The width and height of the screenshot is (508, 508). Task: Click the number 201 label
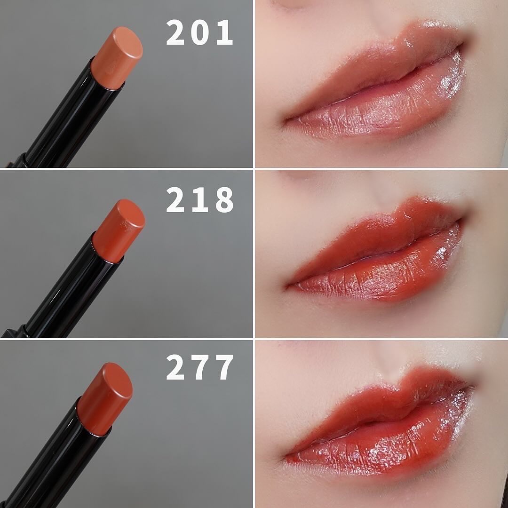click(x=199, y=32)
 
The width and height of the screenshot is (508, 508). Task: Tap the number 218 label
click(x=199, y=199)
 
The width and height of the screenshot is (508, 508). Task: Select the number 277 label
click(x=199, y=367)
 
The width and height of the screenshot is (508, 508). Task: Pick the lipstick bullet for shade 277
click(x=105, y=398)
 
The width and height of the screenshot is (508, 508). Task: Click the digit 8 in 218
click(x=224, y=199)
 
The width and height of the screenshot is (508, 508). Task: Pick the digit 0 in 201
click(x=199, y=32)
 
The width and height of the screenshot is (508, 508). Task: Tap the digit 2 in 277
click(x=175, y=367)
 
